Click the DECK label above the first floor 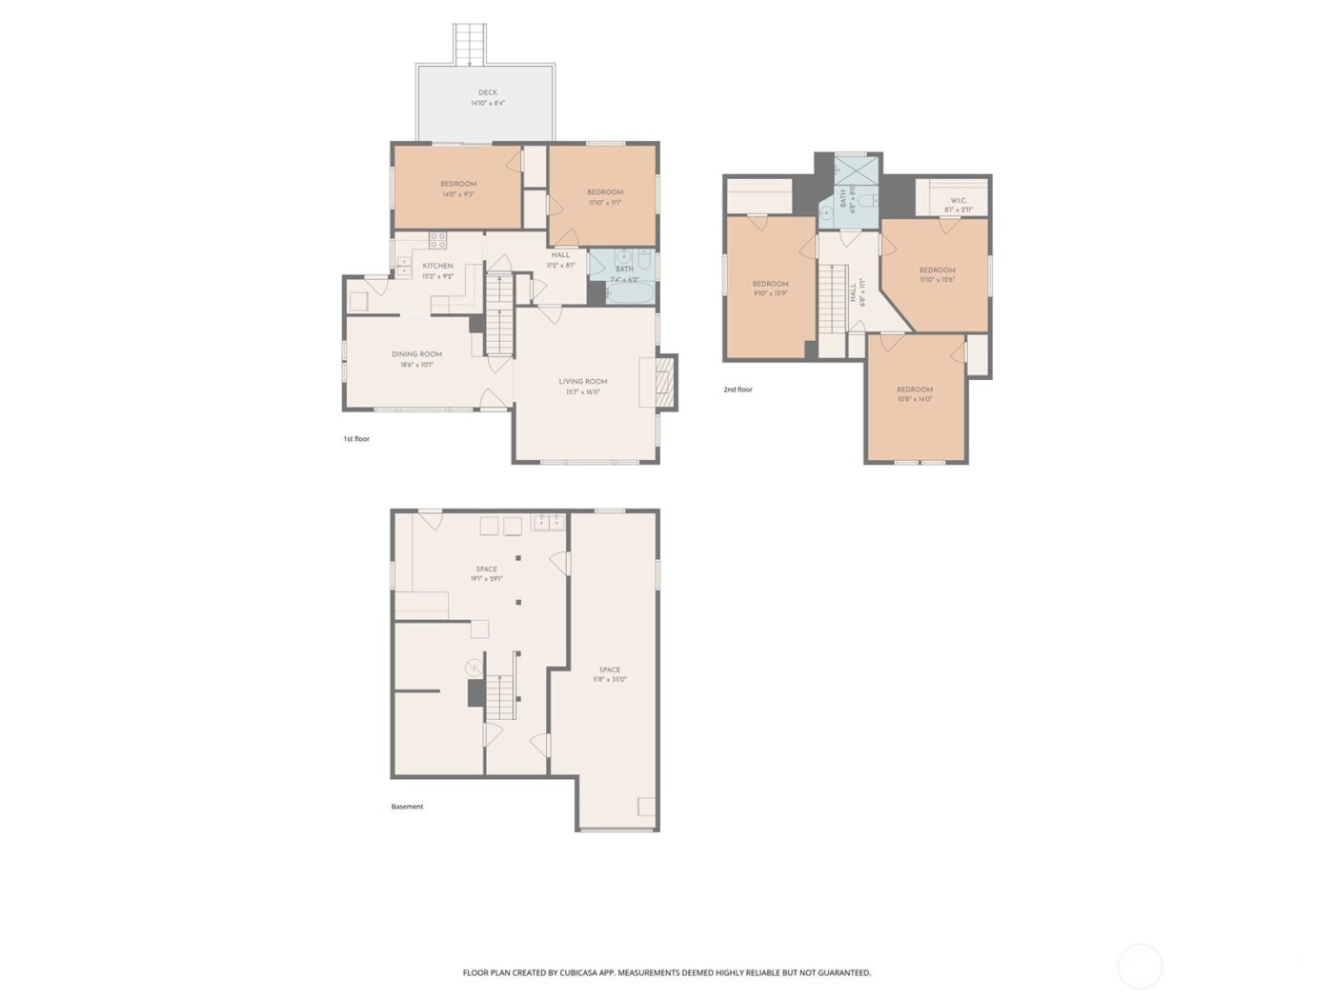tap(488, 92)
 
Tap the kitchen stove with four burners tap(437, 240)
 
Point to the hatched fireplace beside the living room tap(666, 382)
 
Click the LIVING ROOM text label tap(583, 381)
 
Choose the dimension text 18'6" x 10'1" tap(416, 364)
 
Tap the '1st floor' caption tap(356, 439)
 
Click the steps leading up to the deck tap(470, 44)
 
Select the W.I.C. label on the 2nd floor tap(959, 200)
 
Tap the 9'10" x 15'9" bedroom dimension tap(770, 293)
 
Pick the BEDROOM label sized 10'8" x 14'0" tap(914, 389)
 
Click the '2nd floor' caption tap(738, 390)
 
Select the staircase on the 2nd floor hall tap(835, 297)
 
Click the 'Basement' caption tap(407, 807)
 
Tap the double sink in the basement tap(547, 521)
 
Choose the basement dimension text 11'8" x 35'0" tap(609, 679)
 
